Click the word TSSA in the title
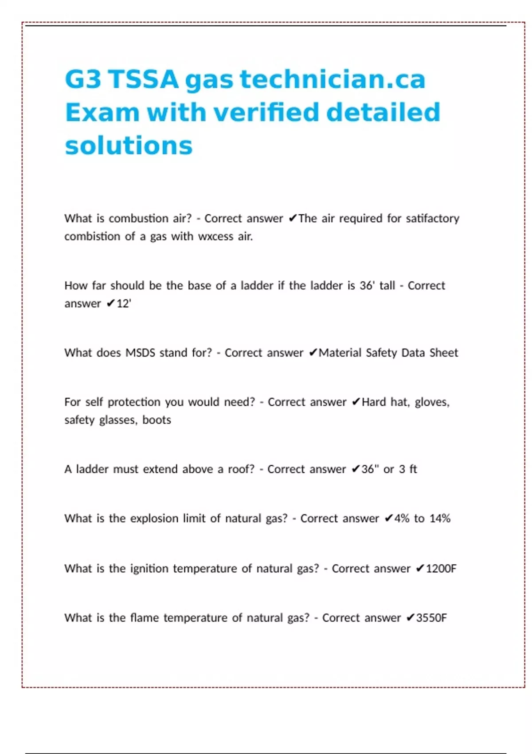[144, 79]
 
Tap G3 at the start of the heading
[83, 79]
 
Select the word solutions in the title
[129, 145]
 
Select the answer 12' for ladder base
[124, 304]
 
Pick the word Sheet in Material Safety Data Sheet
[444, 353]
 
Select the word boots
[156, 420]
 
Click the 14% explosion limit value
[440, 518]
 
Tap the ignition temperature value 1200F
[441, 569]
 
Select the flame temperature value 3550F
[431, 618]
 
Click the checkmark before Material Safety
[313, 353]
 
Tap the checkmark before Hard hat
[356, 402]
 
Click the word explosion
[154, 518]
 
